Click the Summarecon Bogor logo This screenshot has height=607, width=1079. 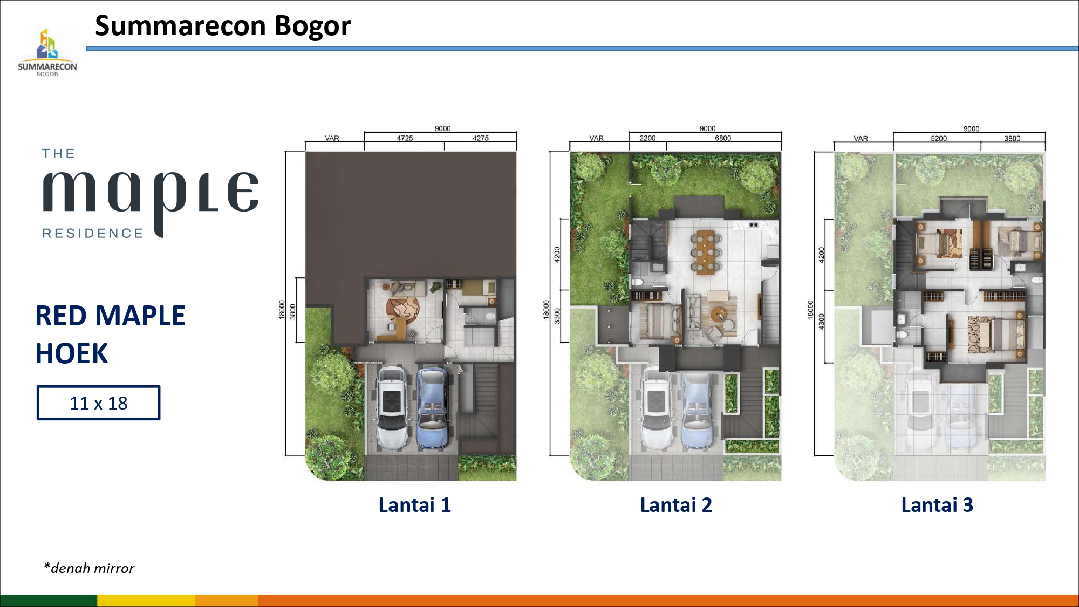tap(47, 52)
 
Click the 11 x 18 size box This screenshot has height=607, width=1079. tap(98, 403)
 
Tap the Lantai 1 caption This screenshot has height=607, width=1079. tap(414, 505)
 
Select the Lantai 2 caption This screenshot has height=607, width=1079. tap(676, 505)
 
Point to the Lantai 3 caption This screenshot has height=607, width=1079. tap(937, 505)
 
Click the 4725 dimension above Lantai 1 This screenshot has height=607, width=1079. tap(405, 138)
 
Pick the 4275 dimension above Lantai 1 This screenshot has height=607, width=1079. tap(481, 138)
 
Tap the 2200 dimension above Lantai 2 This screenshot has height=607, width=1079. tap(647, 138)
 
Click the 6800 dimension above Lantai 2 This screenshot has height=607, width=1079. tap(723, 138)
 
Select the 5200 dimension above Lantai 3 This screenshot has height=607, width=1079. tap(939, 139)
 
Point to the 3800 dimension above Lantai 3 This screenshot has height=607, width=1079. tap(1012, 139)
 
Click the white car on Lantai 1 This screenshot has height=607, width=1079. tap(392, 408)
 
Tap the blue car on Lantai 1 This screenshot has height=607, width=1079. tap(433, 408)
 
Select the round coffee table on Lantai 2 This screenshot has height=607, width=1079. tap(718, 313)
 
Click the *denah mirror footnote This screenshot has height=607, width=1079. tap(89, 568)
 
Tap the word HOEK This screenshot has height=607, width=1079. tap(72, 354)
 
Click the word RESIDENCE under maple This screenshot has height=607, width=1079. tap(93, 233)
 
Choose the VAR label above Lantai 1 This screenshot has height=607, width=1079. tap(332, 138)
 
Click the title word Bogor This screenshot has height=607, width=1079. tap(313, 26)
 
